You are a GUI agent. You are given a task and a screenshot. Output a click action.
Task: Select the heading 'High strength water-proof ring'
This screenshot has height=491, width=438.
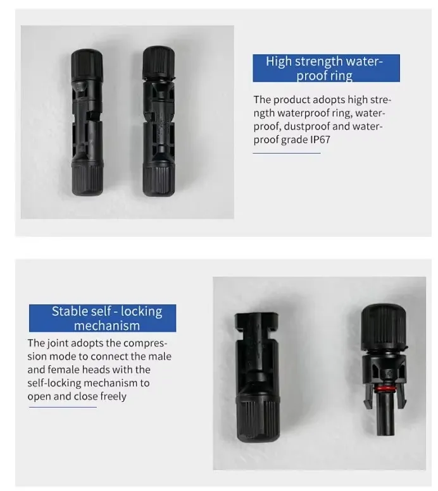(x=326, y=68)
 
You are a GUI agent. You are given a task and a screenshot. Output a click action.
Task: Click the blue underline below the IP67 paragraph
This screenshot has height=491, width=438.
(x=287, y=153)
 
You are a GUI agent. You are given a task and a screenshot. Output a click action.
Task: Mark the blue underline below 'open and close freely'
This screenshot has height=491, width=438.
(x=62, y=407)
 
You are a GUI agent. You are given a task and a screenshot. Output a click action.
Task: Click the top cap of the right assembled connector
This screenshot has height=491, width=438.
(x=156, y=62)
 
